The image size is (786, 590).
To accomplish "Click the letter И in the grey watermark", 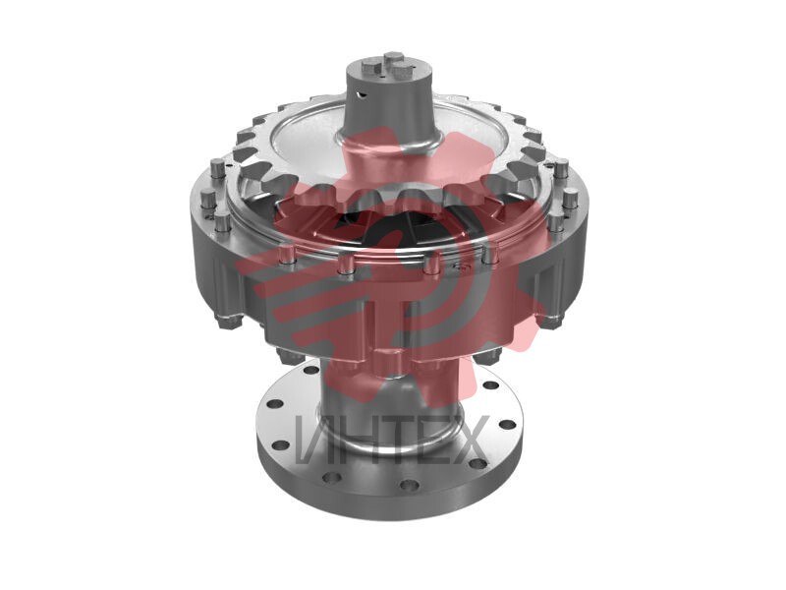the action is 313,439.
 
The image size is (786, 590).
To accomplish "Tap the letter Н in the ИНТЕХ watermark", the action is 358,439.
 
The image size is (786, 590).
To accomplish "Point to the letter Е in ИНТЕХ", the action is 431,439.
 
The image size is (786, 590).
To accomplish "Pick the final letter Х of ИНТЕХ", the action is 468,439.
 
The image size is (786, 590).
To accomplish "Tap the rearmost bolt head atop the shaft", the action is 391,57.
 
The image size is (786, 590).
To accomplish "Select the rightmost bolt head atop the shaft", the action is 403,71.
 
